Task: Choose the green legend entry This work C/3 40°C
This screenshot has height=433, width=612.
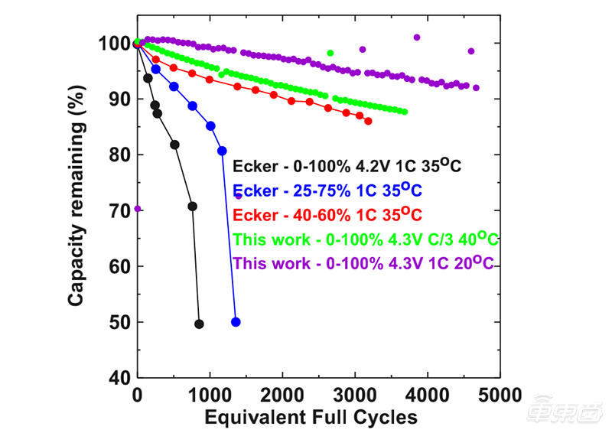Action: click(x=366, y=239)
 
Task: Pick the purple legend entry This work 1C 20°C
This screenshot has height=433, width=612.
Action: click(x=363, y=263)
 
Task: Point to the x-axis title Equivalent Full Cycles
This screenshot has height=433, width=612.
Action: click(x=311, y=417)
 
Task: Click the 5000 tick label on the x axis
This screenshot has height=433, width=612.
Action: click(x=500, y=396)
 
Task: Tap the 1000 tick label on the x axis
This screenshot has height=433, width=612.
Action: click(x=210, y=396)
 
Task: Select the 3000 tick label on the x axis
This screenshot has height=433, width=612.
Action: click(x=355, y=396)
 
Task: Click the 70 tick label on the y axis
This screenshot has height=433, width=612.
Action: click(x=116, y=210)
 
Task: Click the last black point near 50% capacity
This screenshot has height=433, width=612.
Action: click(x=199, y=324)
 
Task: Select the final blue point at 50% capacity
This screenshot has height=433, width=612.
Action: click(x=236, y=322)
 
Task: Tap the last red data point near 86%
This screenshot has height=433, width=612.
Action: click(x=368, y=121)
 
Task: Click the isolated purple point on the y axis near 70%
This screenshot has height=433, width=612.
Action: click(x=138, y=208)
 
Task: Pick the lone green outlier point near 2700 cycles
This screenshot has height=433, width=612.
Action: click(x=330, y=53)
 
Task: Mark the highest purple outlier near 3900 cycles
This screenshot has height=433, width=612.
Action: click(x=417, y=37)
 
